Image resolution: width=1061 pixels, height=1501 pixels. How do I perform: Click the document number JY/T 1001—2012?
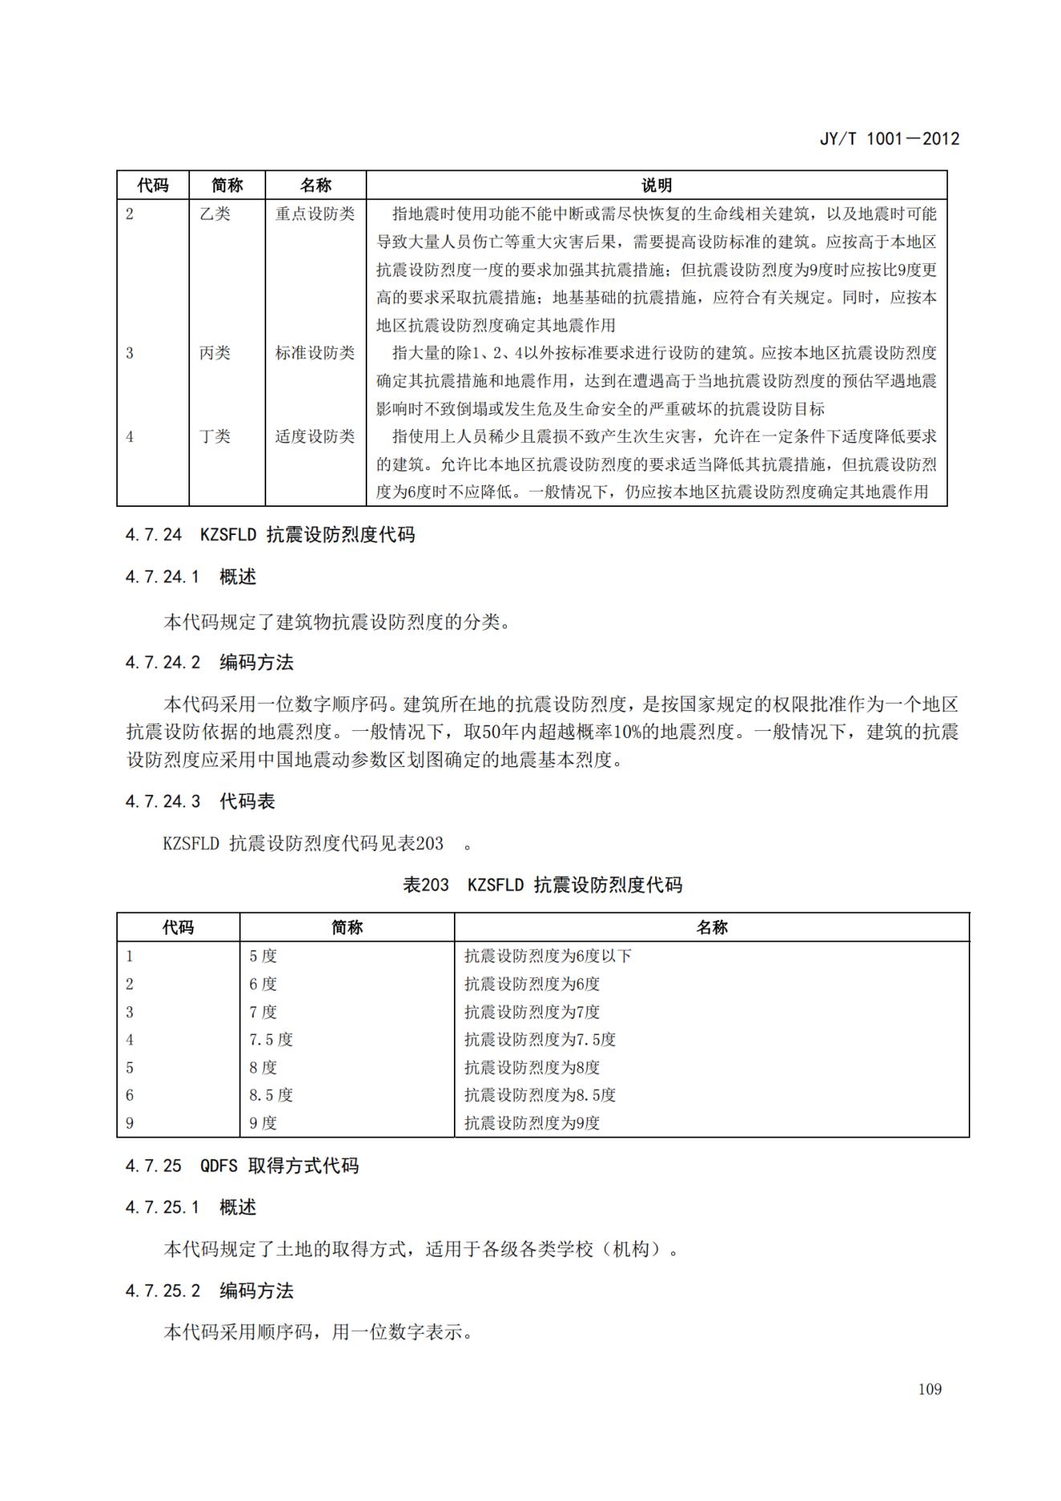coord(889,139)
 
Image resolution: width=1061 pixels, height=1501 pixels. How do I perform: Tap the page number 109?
coord(929,1389)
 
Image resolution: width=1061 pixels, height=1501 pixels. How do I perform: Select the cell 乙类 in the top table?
coord(215,214)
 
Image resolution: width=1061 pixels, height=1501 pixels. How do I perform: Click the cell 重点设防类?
coord(315,214)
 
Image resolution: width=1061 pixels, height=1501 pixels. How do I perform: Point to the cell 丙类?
coord(215,353)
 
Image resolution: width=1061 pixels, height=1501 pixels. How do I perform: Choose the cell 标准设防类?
coord(315,353)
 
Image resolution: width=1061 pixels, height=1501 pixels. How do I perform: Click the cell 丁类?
coord(215,436)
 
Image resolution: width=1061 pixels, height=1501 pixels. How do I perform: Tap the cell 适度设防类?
coord(315,436)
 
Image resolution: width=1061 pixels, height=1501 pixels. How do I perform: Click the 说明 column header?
coord(656,185)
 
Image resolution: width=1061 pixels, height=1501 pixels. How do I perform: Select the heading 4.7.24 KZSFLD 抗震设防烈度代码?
coord(270,535)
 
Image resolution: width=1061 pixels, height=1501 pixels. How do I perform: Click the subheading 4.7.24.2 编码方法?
coord(209,663)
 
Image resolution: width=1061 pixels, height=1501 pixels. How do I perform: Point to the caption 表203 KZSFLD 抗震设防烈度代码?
coord(542,885)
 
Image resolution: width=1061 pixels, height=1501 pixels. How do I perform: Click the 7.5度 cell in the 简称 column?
coord(271,1040)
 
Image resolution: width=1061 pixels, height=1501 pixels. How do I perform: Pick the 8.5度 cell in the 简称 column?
coord(271,1095)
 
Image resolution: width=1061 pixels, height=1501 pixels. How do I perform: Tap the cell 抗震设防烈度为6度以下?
coord(548,956)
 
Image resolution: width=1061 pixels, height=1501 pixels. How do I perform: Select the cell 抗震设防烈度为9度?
coord(532,1123)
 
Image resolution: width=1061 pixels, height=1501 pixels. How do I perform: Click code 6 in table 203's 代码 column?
coord(130,1095)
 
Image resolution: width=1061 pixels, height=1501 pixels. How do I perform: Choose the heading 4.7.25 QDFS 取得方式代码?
coord(242,1166)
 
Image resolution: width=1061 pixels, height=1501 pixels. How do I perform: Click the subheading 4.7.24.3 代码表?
coord(200,801)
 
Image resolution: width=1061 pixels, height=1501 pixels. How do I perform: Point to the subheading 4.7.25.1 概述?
coord(191,1207)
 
